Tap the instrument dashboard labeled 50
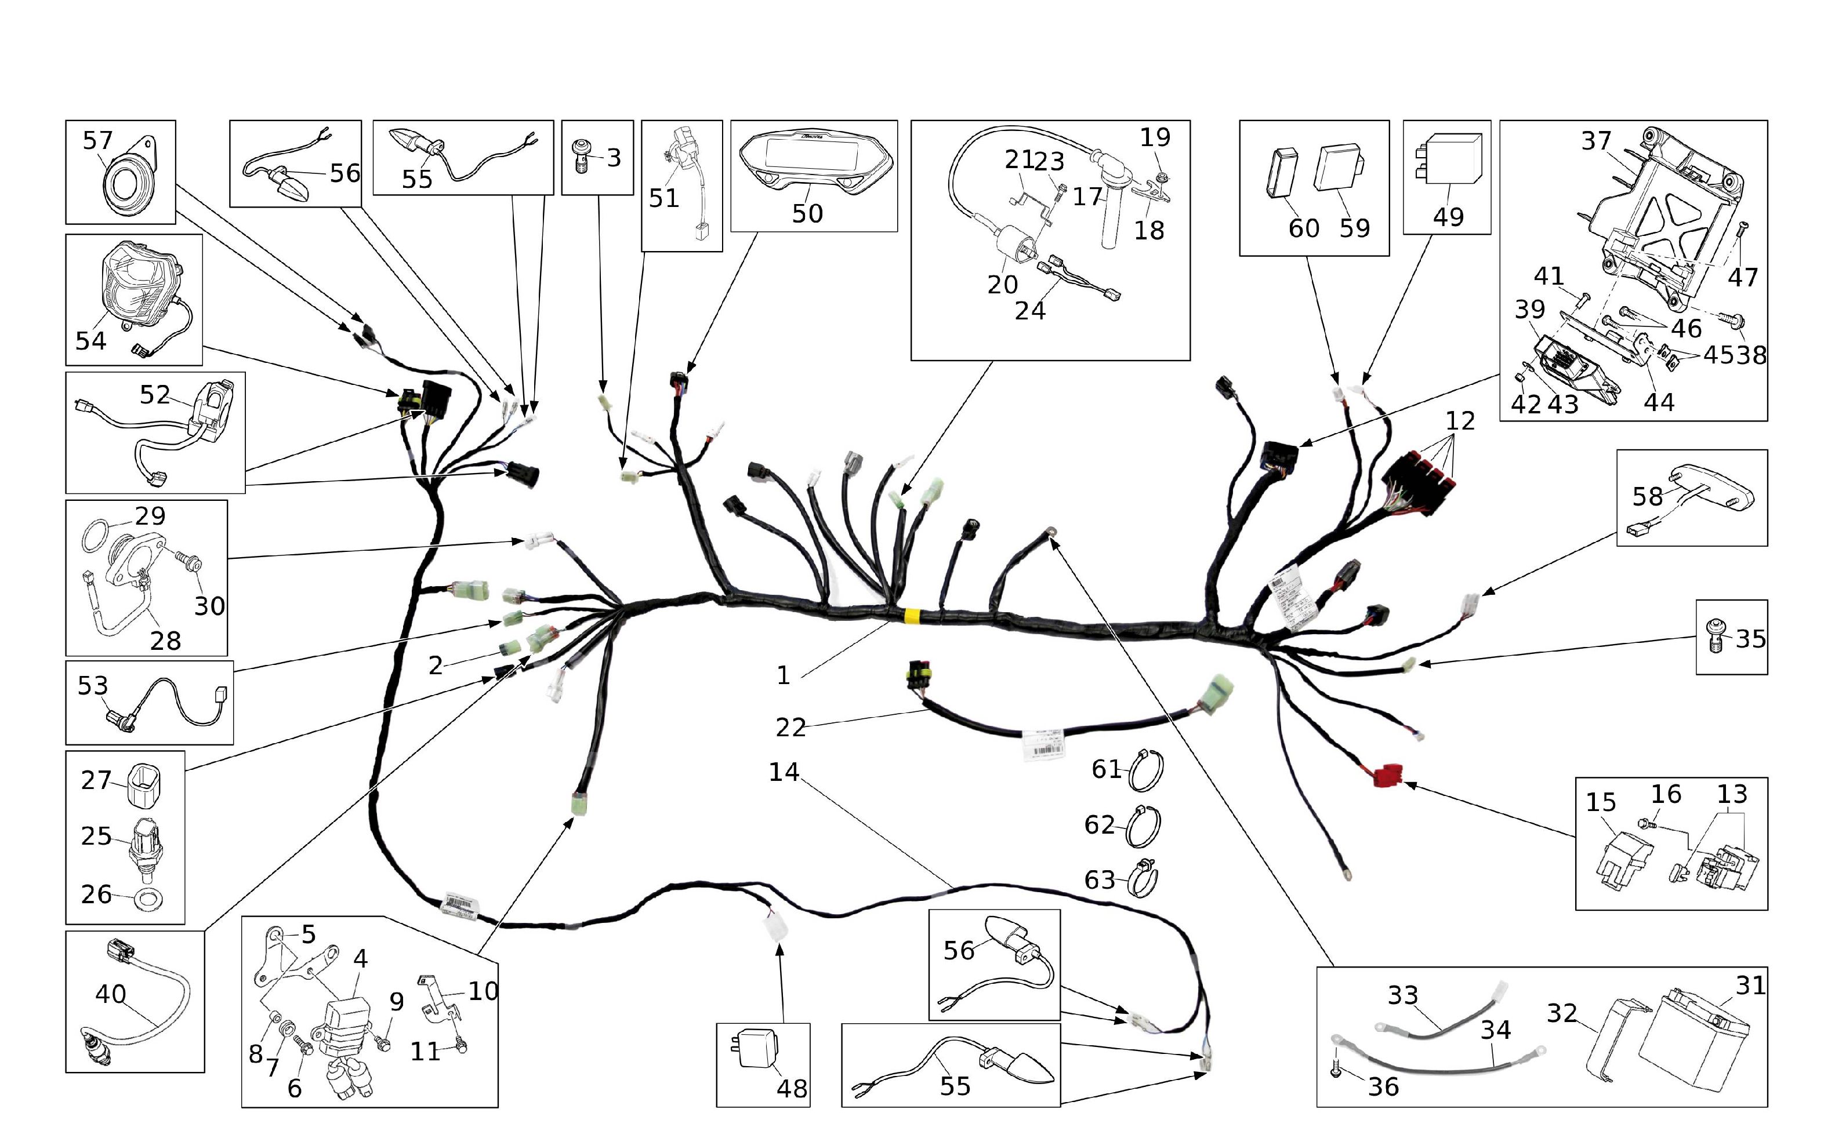click(x=815, y=161)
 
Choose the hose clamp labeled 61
click(x=1146, y=770)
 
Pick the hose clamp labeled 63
click(x=1143, y=878)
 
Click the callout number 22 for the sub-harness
click(x=790, y=727)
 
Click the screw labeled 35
click(x=1716, y=636)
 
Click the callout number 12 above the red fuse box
click(x=1459, y=421)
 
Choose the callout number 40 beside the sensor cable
click(x=110, y=994)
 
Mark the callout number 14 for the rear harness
click(x=783, y=772)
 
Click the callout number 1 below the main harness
click(x=783, y=675)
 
